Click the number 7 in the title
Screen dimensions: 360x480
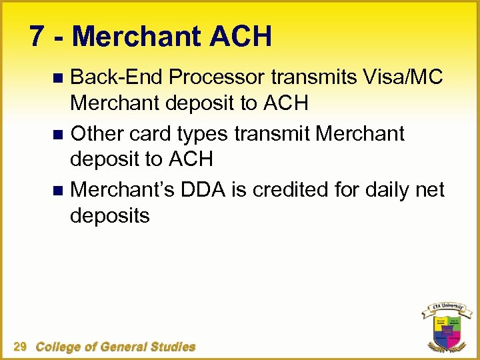pos(38,37)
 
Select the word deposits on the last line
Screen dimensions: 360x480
pos(110,217)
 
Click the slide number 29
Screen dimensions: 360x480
pos(20,346)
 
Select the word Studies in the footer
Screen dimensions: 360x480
pos(172,346)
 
